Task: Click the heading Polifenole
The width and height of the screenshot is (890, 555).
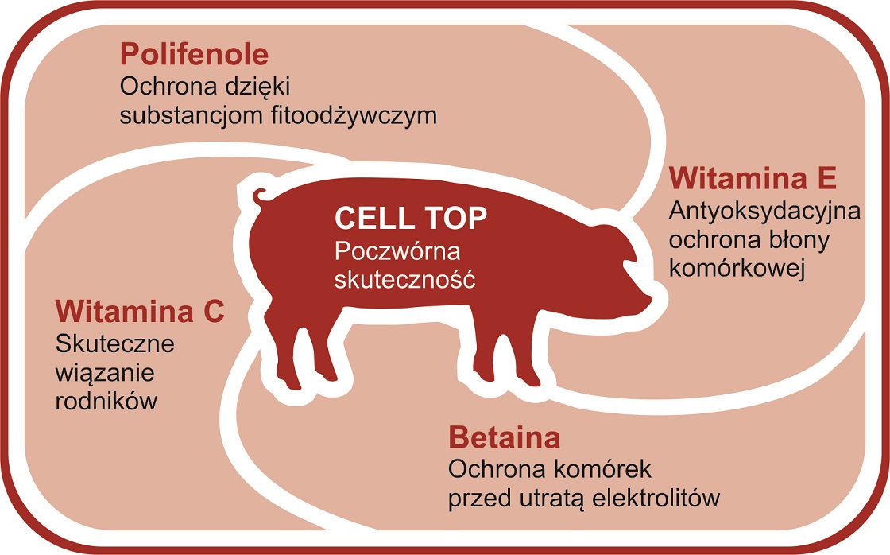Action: coord(194,55)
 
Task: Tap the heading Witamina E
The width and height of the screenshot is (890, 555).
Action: coord(753,179)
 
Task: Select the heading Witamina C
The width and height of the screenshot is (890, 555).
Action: coord(140,311)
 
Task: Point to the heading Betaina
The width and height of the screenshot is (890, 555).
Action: coord(504,437)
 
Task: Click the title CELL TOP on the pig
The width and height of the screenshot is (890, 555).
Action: coord(411,218)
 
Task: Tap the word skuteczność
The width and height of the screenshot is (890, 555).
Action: coord(404,280)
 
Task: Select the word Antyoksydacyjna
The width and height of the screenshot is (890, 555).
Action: coord(754,212)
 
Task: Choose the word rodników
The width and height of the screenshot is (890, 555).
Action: coord(106,402)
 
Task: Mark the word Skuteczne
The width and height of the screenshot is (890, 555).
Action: coord(115,344)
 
